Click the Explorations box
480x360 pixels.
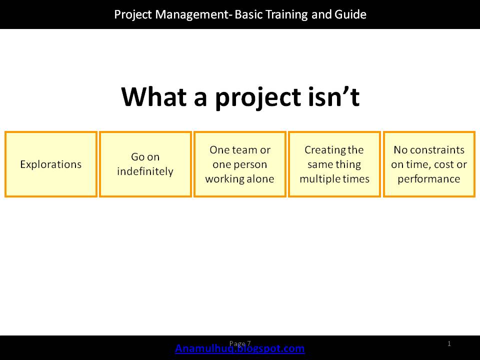(x=50, y=164)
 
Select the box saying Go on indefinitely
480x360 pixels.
(x=145, y=164)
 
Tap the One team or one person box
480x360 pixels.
(x=239, y=164)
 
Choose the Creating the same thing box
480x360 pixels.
(x=334, y=164)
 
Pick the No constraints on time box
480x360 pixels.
(x=429, y=164)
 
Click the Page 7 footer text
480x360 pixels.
(x=240, y=343)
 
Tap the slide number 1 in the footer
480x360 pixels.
(x=449, y=343)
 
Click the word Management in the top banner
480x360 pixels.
(x=193, y=14)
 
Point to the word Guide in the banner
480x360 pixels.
(x=352, y=14)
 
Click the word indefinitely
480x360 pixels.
(x=145, y=171)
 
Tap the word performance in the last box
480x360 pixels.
(x=429, y=179)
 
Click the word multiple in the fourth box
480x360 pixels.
(x=319, y=179)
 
